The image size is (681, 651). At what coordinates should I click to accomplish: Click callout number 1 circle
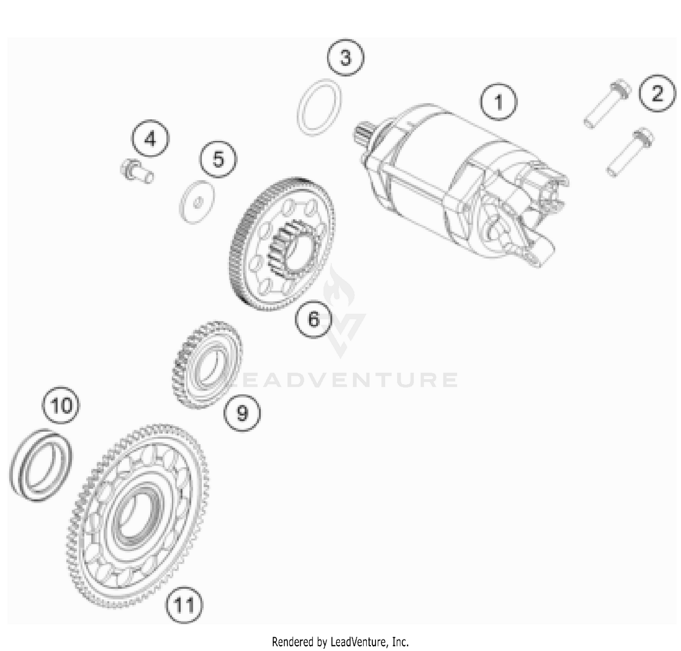pos(499,101)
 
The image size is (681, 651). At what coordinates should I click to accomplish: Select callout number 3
pos(345,58)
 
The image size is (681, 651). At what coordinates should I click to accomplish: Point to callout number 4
pos(150,139)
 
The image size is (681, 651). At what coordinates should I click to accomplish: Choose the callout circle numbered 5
pos(218,160)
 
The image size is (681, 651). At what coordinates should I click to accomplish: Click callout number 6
pos(314,319)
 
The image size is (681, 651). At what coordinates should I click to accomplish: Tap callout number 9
pos(242,412)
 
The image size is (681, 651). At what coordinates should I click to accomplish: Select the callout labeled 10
pos(61,404)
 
